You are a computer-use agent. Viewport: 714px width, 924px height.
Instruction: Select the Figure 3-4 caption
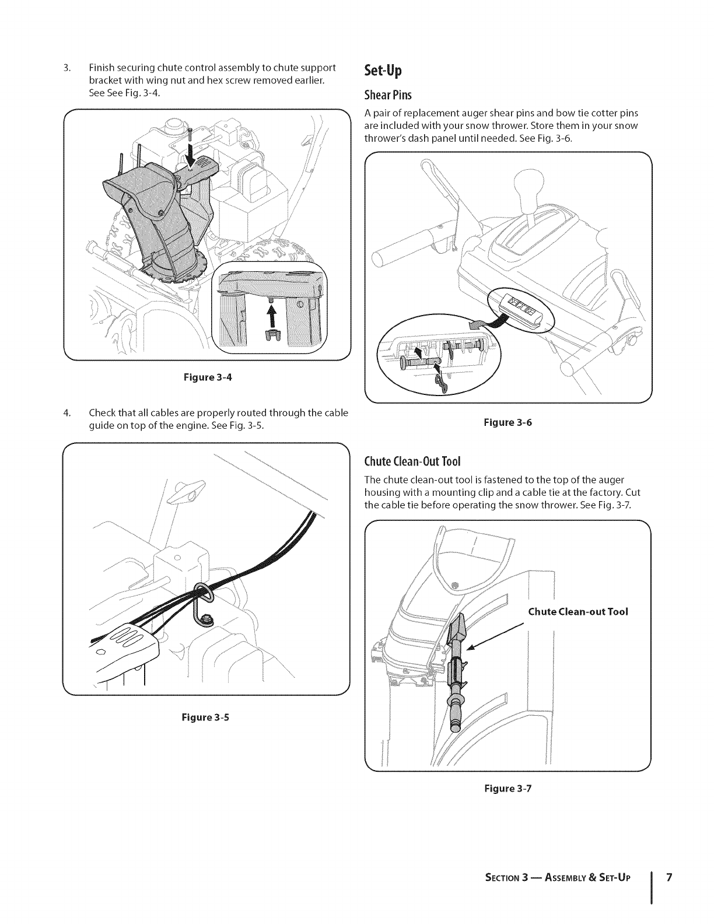pyautogui.click(x=208, y=377)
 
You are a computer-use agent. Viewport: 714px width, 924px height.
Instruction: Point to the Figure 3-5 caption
pyautogui.click(x=205, y=717)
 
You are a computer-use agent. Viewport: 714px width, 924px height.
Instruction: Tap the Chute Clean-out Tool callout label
pyautogui.click(x=577, y=612)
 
